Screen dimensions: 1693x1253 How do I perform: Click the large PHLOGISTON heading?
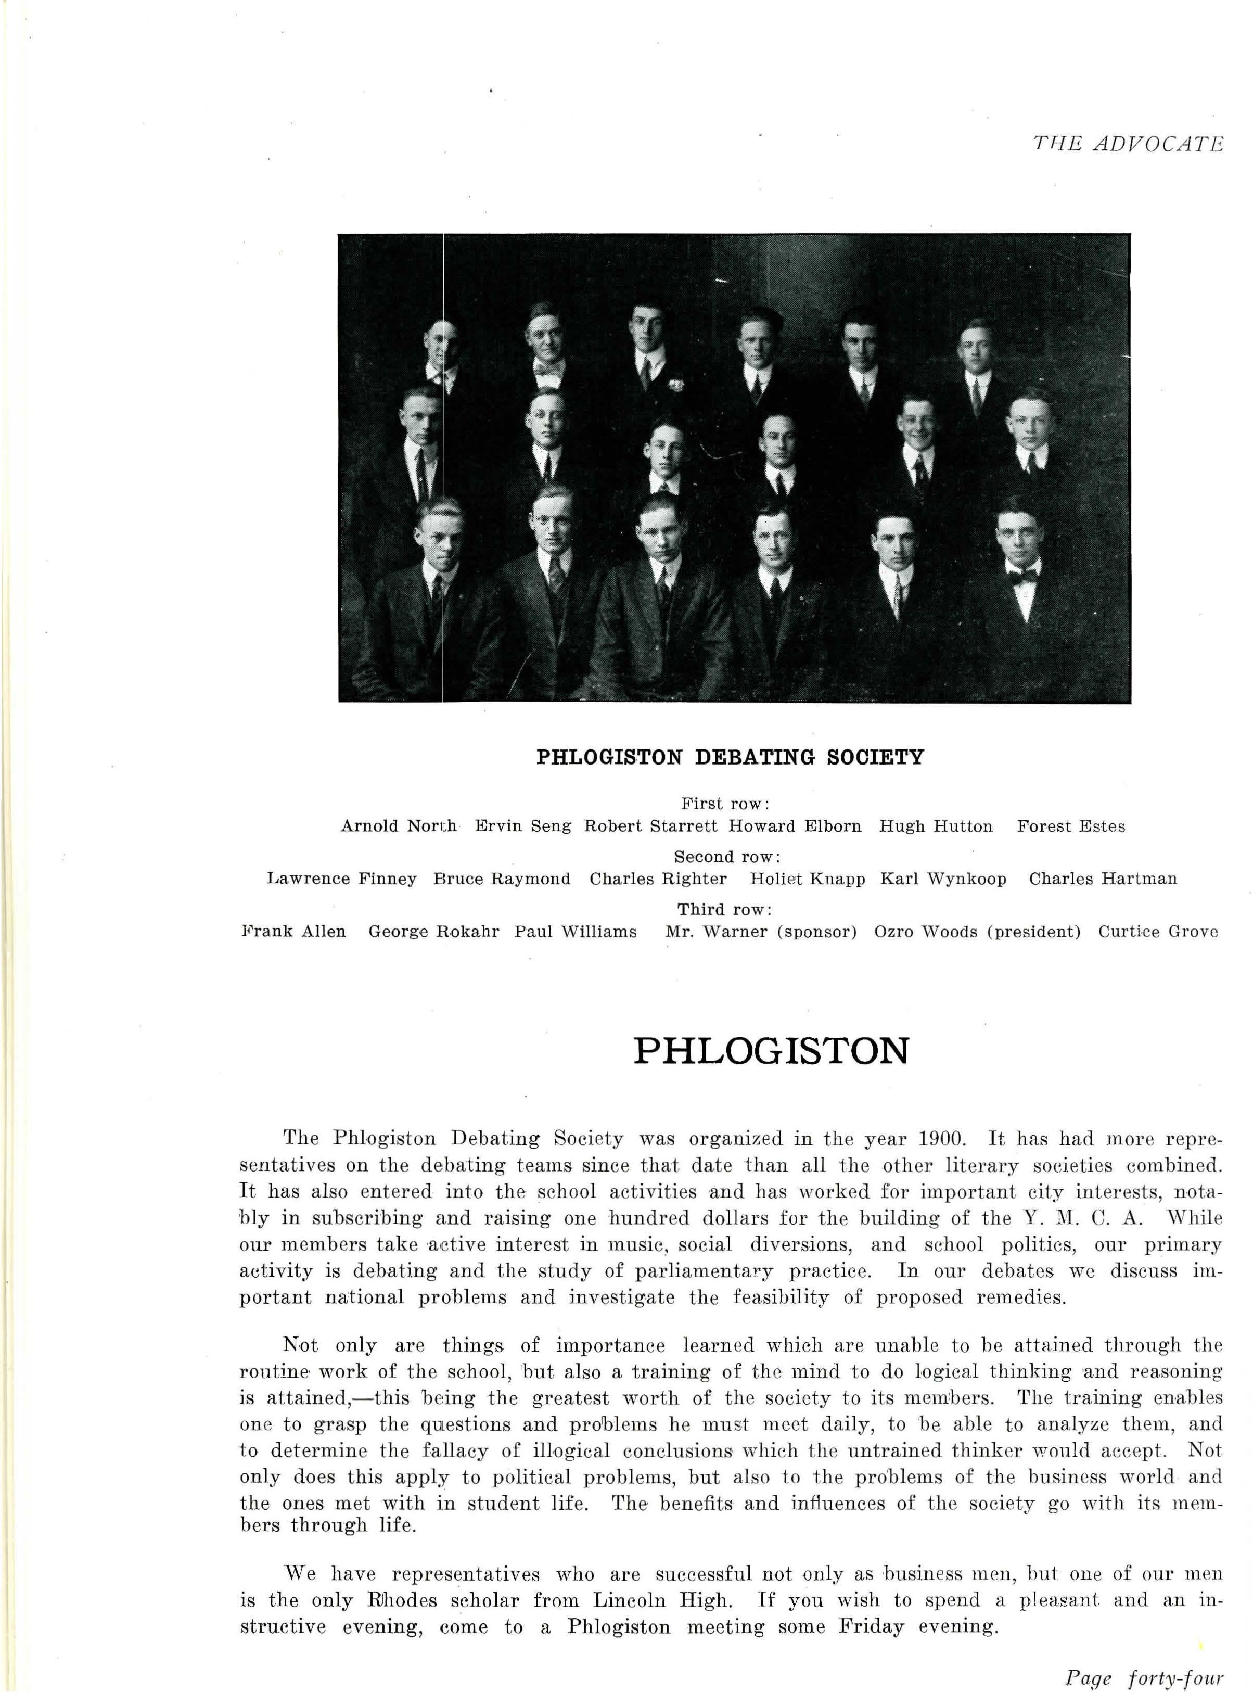(x=771, y=1051)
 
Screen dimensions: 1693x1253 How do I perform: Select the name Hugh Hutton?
(x=936, y=826)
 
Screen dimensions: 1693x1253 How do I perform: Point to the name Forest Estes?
(x=1071, y=826)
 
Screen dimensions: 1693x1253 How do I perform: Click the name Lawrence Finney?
(x=341, y=879)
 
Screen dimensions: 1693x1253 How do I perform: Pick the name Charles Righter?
(x=658, y=879)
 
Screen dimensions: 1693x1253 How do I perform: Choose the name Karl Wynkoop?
(x=943, y=879)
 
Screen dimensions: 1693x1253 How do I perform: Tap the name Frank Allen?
(x=293, y=932)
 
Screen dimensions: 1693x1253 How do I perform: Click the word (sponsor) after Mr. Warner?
(x=817, y=932)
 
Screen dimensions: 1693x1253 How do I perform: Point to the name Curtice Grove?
(x=1158, y=932)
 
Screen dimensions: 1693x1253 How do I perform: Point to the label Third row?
(x=725, y=909)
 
